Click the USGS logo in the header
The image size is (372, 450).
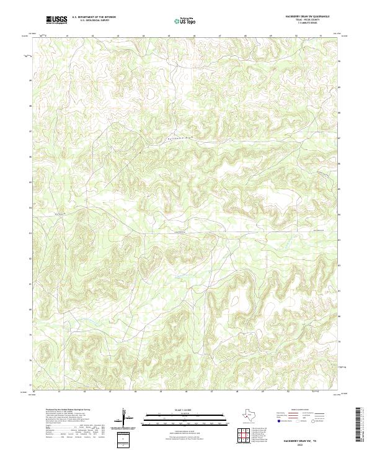[57, 20]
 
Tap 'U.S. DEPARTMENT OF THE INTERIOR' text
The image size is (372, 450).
[94, 17]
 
